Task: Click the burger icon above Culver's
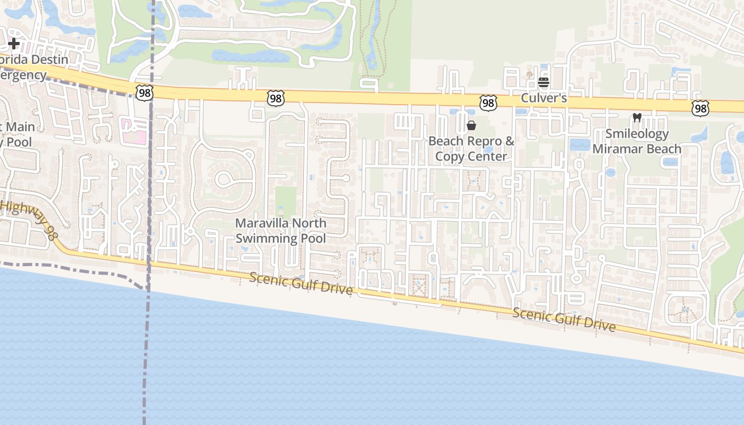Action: coord(543,82)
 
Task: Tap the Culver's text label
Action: coord(544,98)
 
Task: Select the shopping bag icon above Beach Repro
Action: coord(471,125)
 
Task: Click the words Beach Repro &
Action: coord(471,141)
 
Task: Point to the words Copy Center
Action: coord(471,156)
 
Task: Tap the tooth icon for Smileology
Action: coord(637,118)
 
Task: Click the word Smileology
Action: coord(637,133)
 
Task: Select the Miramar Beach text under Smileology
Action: coord(637,149)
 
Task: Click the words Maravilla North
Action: coord(281,223)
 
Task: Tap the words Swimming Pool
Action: coord(281,238)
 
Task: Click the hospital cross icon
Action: coord(14,43)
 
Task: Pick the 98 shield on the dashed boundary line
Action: coord(144,93)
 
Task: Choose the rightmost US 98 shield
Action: coord(700,109)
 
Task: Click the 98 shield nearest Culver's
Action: coord(488,103)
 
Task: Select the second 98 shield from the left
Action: coord(276,98)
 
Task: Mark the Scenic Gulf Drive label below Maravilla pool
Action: coord(301,283)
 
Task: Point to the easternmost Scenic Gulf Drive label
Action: coord(564,319)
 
